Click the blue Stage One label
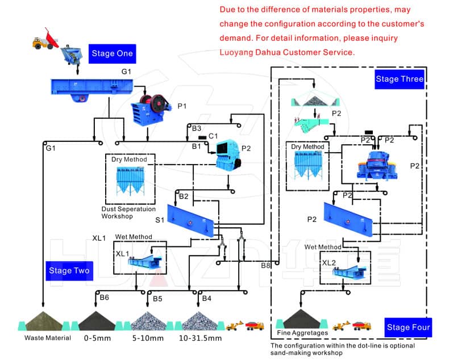click(112, 54)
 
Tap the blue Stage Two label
click(69, 270)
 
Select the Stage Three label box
click(400, 79)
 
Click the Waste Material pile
click(44, 321)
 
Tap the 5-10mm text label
click(148, 338)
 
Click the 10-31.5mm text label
click(200, 338)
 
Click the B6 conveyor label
click(104, 298)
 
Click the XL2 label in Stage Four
click(329, 263)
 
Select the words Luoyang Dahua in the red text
click(248, 52)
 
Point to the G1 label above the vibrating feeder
click(126, 72)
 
